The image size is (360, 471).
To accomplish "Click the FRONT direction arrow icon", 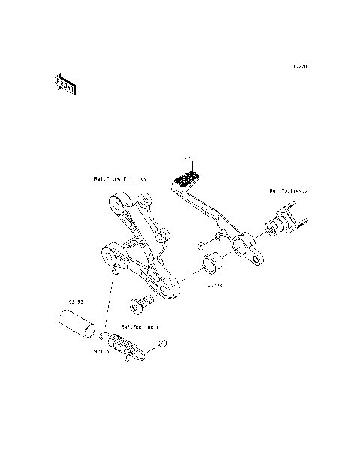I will [65, 85].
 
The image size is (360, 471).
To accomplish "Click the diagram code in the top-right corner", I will [300, 66].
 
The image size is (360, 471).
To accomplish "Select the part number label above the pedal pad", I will [190, 159].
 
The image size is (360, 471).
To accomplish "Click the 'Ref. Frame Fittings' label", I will [120, 179].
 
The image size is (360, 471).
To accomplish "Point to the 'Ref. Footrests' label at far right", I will [288, 191].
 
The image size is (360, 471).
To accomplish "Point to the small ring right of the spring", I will [163, 343].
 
